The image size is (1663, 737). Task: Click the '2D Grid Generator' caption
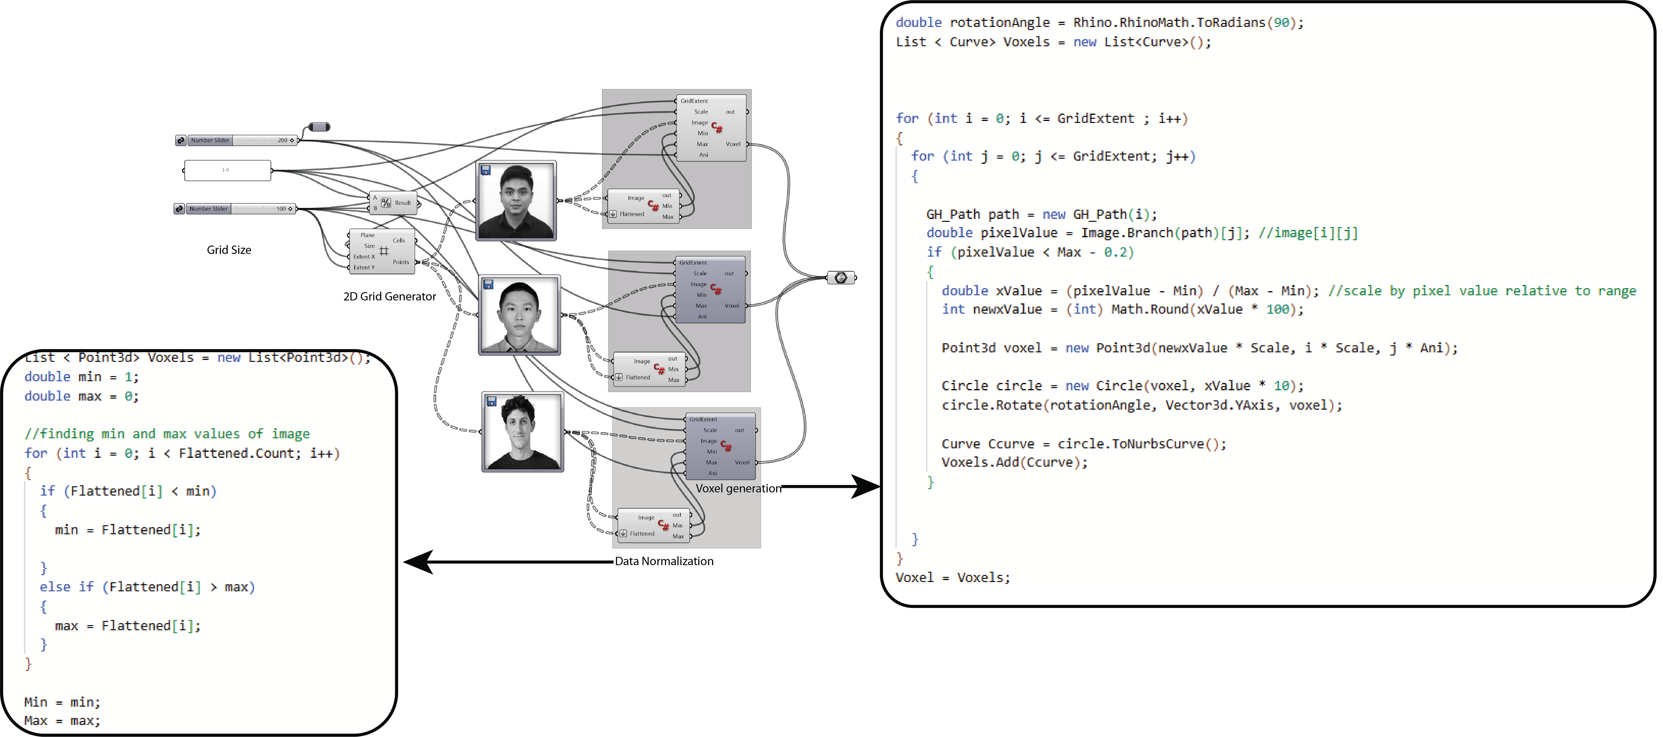tap(389, 296)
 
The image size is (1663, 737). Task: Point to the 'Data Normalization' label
tap(664, 561)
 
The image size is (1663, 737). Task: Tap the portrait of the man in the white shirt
tap(519, 315)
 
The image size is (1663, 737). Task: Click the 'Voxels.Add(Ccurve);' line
tap(1014, 462)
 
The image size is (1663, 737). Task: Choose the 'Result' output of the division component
tap(403, 203)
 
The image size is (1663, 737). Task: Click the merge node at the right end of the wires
tap(840, 277)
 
